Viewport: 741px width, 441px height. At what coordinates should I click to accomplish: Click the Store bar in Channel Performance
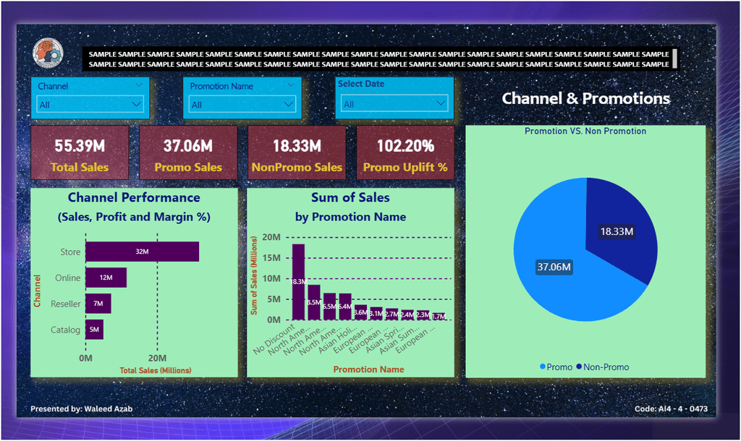(x=142, y=252)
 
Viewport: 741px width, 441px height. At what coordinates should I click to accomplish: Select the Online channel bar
(x=106, y=278)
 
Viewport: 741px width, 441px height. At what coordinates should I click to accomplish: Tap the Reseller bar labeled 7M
(x=98, y=304)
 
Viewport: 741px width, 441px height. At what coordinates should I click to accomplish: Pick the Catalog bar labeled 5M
(x=94, y=330)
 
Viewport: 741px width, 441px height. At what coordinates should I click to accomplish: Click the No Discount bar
(x=298, y=281)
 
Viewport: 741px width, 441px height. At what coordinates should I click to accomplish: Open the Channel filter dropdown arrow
(x=137, y=104)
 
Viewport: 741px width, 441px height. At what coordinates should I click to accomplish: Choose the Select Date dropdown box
(x=395, y=104)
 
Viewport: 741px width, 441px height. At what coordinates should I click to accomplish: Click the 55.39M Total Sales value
(x=80, y=145)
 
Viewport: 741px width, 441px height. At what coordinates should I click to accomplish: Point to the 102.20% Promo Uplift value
(x=405, y=145)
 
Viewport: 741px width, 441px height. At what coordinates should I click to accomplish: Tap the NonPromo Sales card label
(x=297, y=168)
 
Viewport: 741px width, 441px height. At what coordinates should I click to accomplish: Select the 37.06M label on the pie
(x=554, y=267)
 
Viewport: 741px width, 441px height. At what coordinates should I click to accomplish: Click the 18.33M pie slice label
(x=617, y=231)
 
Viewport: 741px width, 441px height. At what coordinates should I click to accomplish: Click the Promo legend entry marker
(x=543, y=367)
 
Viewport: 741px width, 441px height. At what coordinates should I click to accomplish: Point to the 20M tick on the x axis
(x=158, y=358)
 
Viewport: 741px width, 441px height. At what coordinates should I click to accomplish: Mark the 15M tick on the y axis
(x=271, y=258)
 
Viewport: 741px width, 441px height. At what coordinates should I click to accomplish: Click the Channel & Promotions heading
(x=585, y=98)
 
